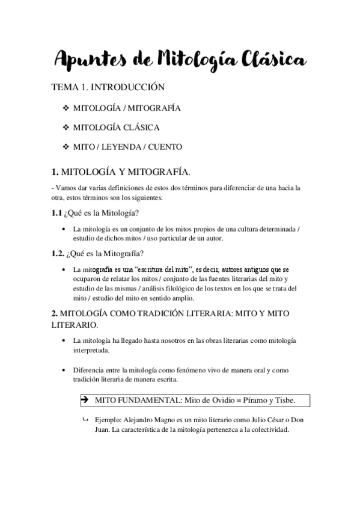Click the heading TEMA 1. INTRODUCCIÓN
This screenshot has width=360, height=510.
click(108, 88)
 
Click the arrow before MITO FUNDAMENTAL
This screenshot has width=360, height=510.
click(84, 400)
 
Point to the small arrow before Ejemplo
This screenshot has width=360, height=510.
click(85, 419)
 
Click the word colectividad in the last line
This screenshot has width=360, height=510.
click(269, 430)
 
